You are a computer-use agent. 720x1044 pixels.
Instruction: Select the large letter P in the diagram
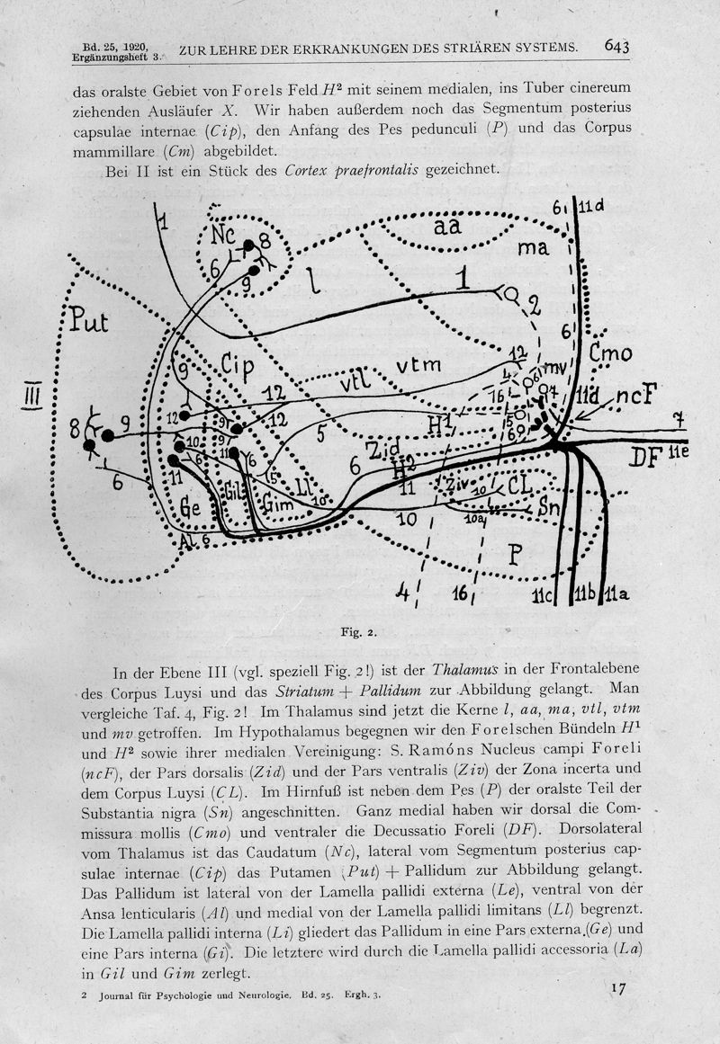point(515,556)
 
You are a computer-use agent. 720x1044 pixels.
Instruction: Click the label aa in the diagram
point(446,228)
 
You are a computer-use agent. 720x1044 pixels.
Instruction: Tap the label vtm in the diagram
point(419,364)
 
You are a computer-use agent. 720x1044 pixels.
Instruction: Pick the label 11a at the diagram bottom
point(617,593)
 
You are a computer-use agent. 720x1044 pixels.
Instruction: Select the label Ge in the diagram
point(190,506)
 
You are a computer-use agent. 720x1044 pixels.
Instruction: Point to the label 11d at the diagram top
point(592,206)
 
